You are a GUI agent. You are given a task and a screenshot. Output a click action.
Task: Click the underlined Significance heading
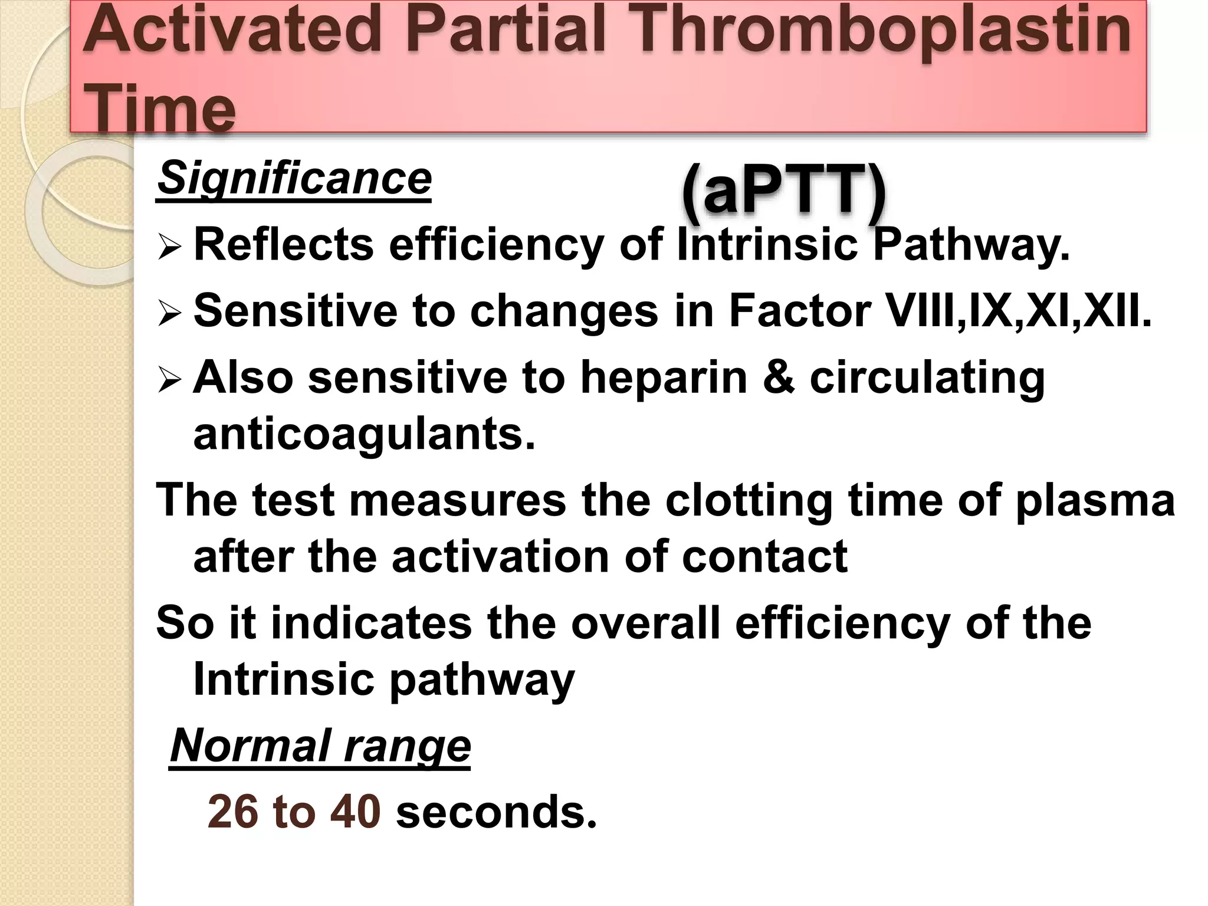[x=294, y=179]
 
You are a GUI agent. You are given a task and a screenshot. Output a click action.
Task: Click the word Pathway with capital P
[x=971, y=245]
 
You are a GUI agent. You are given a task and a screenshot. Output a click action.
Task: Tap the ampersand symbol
[x=779, y=377]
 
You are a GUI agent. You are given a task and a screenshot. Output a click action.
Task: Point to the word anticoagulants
[x=364, y=435]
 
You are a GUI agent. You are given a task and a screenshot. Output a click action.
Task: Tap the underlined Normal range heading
[x=320, y=746]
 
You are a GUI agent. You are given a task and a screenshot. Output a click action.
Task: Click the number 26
[x=232, y=812]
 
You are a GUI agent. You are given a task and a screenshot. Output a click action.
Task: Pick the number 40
[x=355, y=812]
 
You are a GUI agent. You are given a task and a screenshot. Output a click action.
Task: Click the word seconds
[x=496, y=812]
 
